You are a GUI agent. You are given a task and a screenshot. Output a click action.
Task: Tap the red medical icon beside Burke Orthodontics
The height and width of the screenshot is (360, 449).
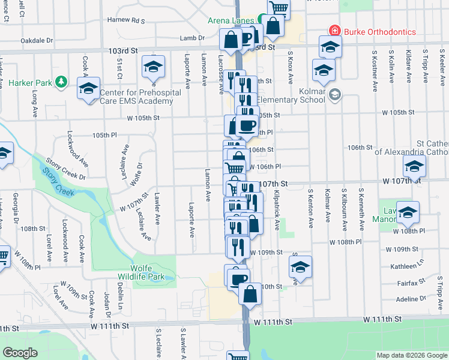333,31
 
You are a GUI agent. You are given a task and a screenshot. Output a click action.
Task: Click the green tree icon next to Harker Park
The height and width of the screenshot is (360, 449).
61,81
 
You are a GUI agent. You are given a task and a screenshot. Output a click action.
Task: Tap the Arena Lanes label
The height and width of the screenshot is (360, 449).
231,20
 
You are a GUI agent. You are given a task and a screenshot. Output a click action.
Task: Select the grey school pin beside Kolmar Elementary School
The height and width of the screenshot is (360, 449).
335,94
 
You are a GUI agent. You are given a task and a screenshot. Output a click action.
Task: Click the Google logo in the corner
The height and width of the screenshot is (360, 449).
20,352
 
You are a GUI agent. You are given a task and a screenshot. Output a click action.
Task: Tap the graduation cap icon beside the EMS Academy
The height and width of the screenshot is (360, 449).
89,89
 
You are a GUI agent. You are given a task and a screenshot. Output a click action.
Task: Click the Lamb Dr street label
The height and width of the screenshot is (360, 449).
193,38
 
